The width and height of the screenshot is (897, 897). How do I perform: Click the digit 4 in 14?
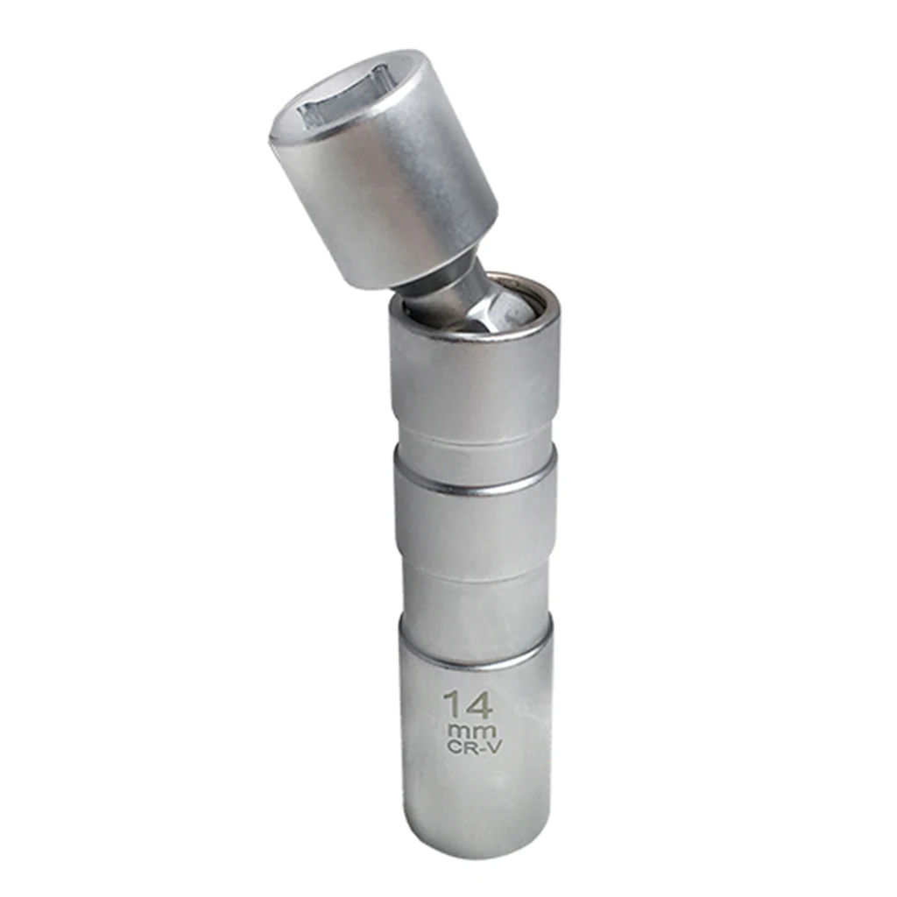(480, 704)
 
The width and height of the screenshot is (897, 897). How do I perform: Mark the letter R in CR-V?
(468, 746)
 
